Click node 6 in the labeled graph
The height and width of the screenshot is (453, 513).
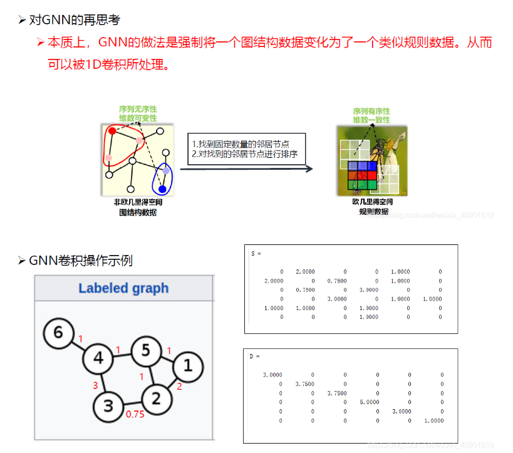[58, 331]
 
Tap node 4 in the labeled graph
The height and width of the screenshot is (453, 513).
[98, 358]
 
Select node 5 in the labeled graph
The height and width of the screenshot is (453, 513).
[145, 350]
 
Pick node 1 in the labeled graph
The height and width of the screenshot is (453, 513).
[189, 365]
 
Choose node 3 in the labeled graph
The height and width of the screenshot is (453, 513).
[109, 406]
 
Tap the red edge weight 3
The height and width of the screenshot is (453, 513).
[96, 385]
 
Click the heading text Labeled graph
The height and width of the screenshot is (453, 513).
[123, 288]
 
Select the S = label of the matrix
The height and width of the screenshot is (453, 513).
[256, 254]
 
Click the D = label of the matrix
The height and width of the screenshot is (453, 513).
[255, 357]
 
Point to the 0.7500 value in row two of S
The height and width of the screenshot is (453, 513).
[336, 281]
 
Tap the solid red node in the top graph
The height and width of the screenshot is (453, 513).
[112, 131]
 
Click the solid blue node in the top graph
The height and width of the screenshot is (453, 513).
[163, 189]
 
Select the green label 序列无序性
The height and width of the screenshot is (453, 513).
[138, 109]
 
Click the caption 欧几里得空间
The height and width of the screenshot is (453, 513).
[373, 202]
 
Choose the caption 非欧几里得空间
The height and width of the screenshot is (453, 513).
[138, 202]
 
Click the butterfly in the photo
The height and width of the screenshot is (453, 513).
[379, 150]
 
